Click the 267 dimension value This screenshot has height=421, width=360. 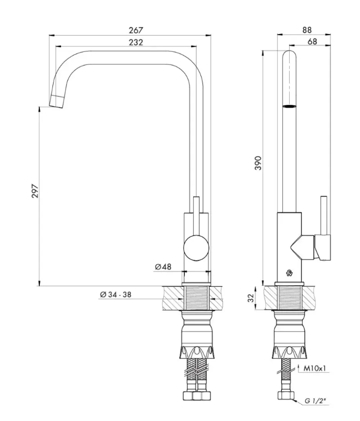pyautogui.click(x=136, y=30)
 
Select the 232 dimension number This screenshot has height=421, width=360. pyautogui.click(x=136, y=42)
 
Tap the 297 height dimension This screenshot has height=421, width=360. pyautogui.click(x=35, y=191)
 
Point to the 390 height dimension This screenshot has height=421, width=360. pyautogui.click(x=258, y=163)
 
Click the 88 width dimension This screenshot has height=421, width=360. pyautogui.click(x=307, y=30)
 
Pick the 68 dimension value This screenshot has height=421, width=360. pyautogui.click(x=312, y=41)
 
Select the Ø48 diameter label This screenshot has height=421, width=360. pyautogui.click(x=163, y=267)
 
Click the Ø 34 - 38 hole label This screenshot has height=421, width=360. pyautogui.click(x=115, y=295)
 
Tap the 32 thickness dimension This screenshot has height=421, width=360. pyautogui.click(x=251, y=298)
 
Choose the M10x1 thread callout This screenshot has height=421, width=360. pyautogui.click(x=314, y=369)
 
